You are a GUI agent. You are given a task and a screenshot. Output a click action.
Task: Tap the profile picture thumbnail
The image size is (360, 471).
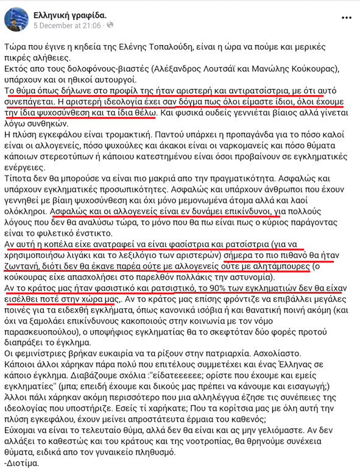[13, 18]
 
